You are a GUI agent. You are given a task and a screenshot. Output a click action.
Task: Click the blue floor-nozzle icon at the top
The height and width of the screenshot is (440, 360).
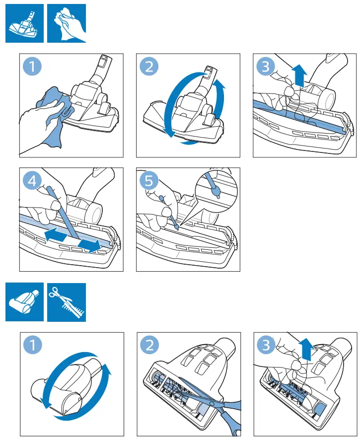(25, 23)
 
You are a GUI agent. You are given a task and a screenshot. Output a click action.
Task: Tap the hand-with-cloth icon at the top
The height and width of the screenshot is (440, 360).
(67, 23)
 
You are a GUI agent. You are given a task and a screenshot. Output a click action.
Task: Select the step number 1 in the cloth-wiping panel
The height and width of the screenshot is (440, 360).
(32, 67)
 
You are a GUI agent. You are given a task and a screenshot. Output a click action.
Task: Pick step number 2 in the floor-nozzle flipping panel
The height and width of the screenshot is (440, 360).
(149, 67)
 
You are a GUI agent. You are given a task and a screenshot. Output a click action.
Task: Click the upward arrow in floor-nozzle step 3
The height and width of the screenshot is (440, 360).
(299, 75)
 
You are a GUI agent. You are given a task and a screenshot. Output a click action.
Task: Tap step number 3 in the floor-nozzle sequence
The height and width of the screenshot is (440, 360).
(266, 67)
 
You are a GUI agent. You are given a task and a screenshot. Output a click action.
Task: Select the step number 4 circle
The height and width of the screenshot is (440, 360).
(32, 181)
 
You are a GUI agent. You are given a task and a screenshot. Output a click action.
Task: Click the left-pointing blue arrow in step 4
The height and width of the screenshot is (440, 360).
(56, 234)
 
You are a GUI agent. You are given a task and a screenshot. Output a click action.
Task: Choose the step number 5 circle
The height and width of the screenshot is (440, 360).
(149, 181)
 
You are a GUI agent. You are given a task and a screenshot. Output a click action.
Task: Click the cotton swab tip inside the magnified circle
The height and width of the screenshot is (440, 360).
(216, 192)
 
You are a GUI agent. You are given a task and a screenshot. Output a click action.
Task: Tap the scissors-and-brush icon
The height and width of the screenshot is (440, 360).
(67, 302)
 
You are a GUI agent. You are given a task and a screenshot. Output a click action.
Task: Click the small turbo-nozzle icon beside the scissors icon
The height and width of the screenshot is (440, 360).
(25, 302)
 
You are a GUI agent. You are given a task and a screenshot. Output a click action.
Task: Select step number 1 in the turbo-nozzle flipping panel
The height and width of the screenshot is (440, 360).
(33, 345)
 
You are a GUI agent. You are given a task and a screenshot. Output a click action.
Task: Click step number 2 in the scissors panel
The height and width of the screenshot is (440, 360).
(149, 345)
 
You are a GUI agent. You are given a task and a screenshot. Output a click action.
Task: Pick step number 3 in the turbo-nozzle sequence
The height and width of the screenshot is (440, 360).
(266, 345)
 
